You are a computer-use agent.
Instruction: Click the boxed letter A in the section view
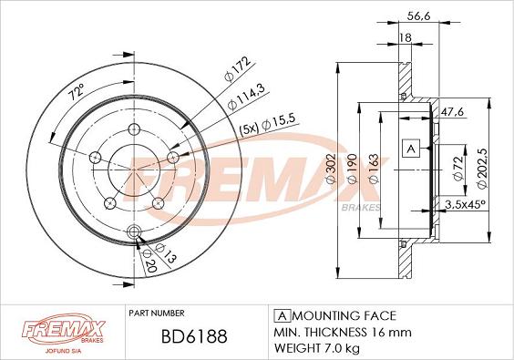pos(410,149)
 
